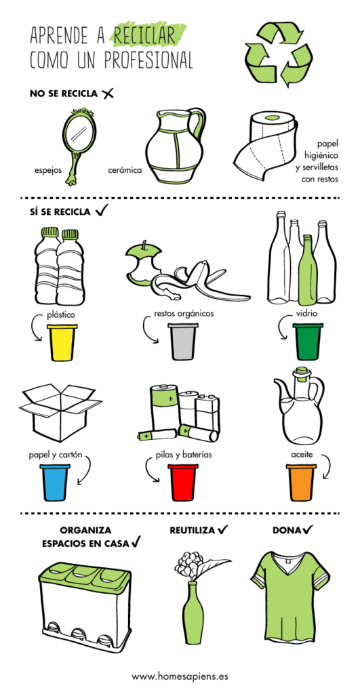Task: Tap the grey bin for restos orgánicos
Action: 183,342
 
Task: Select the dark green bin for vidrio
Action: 308,342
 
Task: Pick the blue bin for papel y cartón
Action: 55,483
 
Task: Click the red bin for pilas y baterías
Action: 183,483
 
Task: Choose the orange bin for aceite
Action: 301,483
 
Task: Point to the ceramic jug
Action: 176,146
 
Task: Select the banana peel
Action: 199,283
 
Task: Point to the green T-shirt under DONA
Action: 290,592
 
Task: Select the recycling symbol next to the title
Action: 279,53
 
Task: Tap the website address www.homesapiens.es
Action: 180,676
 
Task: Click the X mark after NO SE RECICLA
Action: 107,94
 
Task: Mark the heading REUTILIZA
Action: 193,530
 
